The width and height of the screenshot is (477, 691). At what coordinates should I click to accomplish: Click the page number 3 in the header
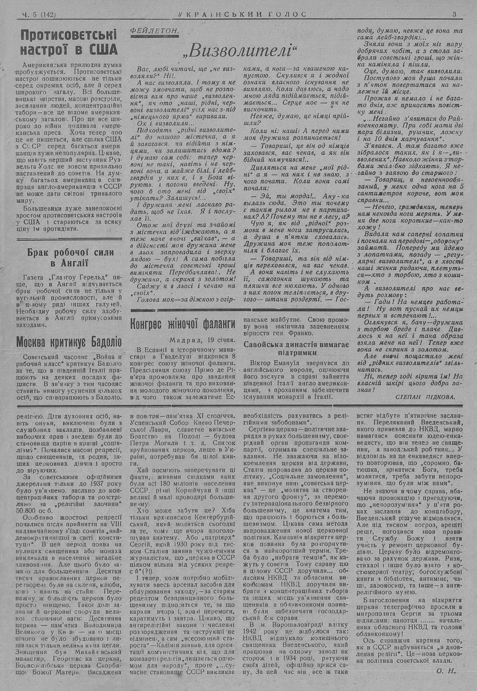[x=455, y=14]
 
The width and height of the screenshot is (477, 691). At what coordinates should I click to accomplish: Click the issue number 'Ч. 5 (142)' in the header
[x=37, y=15]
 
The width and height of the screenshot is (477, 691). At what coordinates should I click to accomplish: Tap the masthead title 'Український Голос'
[x=242, y=14]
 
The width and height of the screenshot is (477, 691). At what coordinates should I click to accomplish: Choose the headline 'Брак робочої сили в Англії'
[x=70, y=258]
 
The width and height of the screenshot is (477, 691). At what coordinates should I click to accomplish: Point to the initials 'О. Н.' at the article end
[x=446, y=670]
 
